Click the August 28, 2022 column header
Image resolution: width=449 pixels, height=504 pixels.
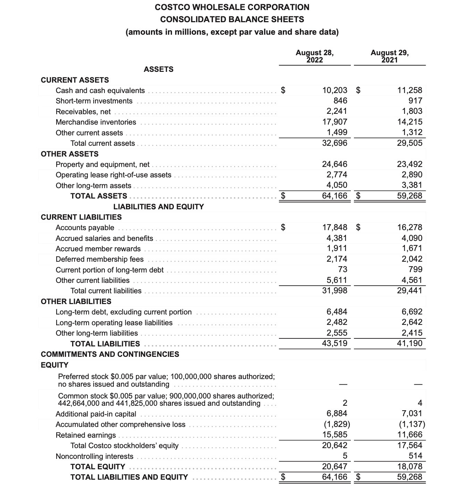pos(315,56)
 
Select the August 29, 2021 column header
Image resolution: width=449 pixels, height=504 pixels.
pos(390,56)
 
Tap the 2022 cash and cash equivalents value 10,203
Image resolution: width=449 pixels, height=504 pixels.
pos(334,90)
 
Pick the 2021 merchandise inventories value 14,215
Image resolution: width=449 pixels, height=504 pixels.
pos(410,122)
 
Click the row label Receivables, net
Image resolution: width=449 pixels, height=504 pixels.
pos(83,112)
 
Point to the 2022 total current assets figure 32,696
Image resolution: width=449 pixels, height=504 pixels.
pos(334,143)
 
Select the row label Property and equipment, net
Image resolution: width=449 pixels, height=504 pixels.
pos(103,165)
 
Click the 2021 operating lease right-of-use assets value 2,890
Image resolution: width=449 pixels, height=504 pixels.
pos(412,175)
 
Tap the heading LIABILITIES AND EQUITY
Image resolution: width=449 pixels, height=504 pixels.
pos(159,207)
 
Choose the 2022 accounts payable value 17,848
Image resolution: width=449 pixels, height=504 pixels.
pos(334,227)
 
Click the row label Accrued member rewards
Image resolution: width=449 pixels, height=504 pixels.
pos(98,249)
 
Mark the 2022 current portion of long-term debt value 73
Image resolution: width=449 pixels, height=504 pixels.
pos(342,269)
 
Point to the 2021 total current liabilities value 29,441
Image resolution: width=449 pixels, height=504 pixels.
pos(410,291)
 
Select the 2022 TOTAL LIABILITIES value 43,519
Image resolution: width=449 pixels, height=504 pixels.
pos(334,344)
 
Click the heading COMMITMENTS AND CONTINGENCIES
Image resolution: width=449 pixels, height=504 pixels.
pos(110,354)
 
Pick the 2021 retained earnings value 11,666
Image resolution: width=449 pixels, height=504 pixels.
pos(410,435)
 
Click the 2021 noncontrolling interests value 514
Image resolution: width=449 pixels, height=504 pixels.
pos(415,456)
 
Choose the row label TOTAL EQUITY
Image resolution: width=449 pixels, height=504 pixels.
pos(98,467)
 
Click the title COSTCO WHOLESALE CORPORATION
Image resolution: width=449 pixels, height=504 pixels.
pos(232,7)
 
